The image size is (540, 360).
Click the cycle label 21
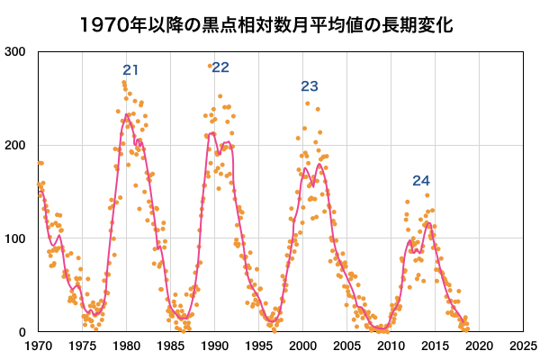coord(131,70)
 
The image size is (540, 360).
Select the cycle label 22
coord(220,67)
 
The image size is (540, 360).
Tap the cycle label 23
coord(310,87)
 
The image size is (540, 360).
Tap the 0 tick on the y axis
coord(25,332)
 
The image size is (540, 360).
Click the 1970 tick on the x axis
coord(38,346)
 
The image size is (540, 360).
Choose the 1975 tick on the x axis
coord(82,346)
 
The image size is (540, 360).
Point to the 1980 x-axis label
coord(126,346)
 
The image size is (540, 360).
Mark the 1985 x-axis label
coord(170,346)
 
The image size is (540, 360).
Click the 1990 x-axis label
coord(214,346)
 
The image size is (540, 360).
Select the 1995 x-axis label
coord(258,346)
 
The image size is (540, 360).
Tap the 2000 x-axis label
coord(302,346)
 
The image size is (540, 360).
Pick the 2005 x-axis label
coord(346,346)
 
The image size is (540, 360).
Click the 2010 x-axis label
coord(391,346)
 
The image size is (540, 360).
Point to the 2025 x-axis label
coord(522,346)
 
